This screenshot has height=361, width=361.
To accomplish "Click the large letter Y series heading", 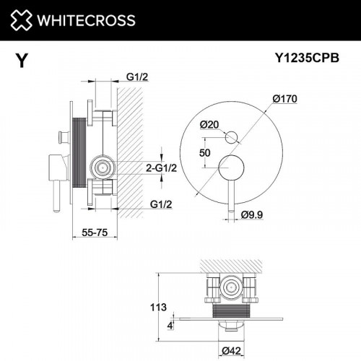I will click(22, 61).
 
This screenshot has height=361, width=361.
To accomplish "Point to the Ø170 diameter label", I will click(286, 98).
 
